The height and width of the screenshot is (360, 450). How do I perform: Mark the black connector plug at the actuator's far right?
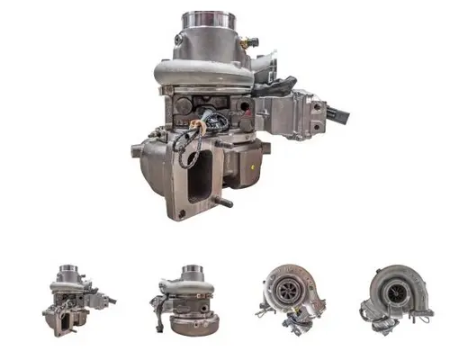[x=340, y=115]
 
